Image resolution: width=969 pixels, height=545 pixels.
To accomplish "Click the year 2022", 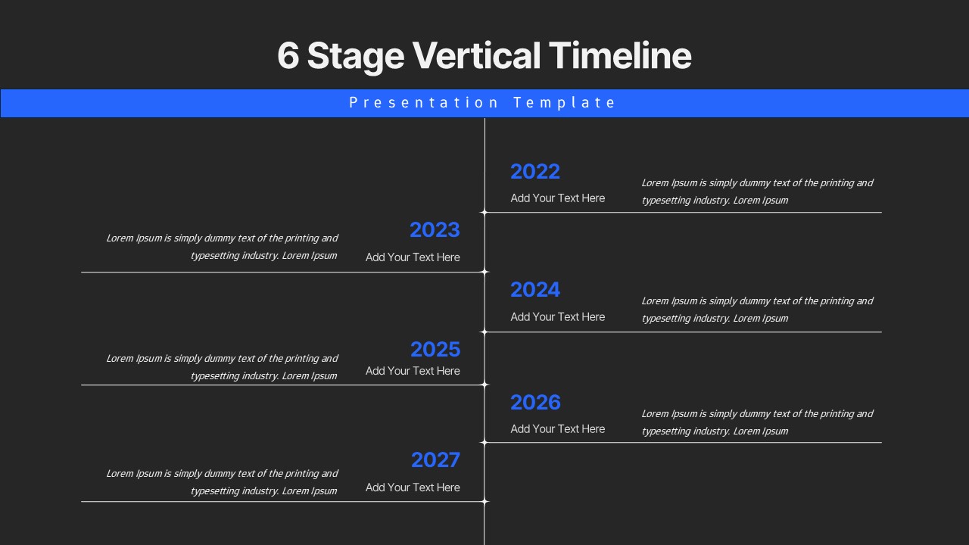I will [x=534, y=172].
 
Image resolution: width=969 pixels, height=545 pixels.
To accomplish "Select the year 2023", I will [x=435, y=230].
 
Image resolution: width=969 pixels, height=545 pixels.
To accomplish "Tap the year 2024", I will [x=534, y=290].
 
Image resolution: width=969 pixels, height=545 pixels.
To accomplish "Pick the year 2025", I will [x=435, y=350].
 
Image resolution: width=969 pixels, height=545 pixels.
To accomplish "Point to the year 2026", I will [x=535, y=403].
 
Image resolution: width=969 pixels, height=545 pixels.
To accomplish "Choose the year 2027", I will [x=435, y=460].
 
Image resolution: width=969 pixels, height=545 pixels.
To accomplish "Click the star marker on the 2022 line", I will [x=484, y=213].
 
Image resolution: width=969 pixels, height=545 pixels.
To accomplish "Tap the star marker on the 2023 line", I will [x=484, y=272].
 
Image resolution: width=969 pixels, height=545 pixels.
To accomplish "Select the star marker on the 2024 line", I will [x=484, y=332].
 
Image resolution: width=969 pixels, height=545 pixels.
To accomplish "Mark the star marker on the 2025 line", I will [x=484, y=385].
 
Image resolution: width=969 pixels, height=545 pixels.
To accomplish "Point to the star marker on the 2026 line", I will [x=484, y=443].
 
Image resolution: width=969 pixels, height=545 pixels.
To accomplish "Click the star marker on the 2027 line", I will [x=484, y=501].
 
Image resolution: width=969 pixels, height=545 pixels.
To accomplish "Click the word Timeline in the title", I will [x=620, y=56].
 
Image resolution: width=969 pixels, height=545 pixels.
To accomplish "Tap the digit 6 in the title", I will [x=288, y=56].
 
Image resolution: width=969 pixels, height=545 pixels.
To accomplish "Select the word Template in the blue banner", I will [x=564, y=103].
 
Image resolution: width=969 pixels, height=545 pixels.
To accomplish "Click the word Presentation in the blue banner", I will [x=424, y=103].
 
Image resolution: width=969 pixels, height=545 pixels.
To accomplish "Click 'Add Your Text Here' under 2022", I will [x=557, y=198].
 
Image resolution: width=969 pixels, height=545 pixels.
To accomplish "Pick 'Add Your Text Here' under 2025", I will [x=413, y=371].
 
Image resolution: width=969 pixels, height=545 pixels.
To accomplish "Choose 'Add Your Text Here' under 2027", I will [x=413, y=487].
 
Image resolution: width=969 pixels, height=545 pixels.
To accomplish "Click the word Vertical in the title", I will [x=476, y=56].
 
